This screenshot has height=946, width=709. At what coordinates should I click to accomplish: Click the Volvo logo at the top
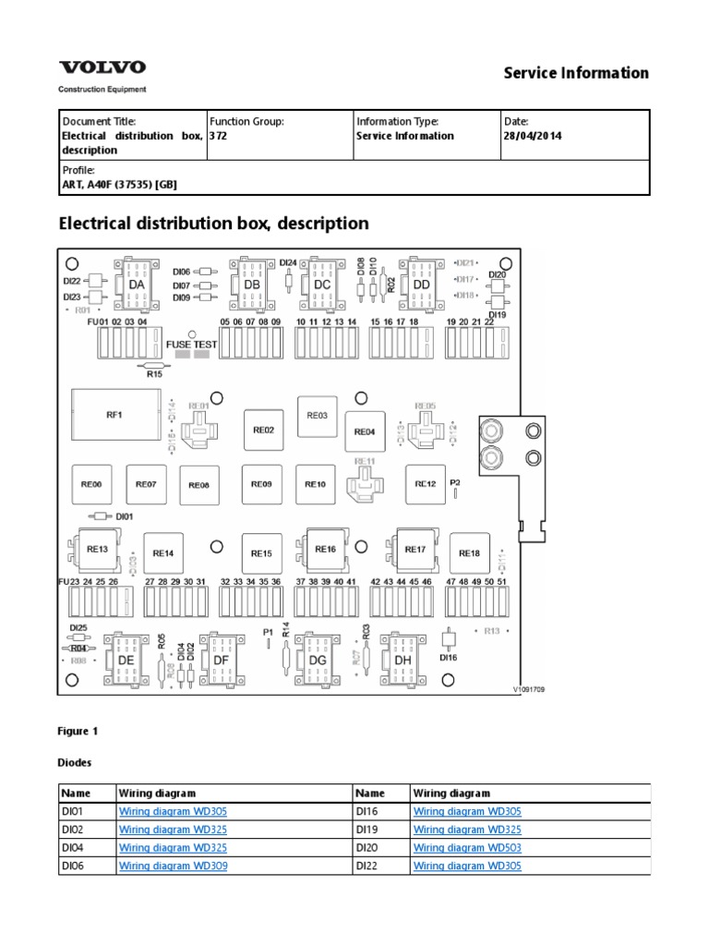point(102,68)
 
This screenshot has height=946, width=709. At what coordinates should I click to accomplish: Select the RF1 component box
point(114,416)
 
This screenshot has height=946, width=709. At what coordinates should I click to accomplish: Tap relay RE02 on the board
point(263,430)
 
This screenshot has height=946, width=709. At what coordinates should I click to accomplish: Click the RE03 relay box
point(317,416)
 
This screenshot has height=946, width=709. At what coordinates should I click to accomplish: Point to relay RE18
point(469,552)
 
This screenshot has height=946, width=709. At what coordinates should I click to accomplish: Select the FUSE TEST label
point(192,344)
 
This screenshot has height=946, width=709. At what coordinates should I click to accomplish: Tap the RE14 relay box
point(162,552)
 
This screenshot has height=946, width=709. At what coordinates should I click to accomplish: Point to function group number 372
point(219,136)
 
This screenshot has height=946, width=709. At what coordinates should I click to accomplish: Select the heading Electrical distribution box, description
point(213,223)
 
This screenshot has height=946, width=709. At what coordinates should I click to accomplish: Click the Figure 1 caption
point(78,731)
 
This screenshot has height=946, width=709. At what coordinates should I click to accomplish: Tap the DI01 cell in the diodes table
point(72,811)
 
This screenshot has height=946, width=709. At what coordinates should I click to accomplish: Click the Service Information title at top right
point(575,72)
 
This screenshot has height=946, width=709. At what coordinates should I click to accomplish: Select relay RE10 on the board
point(316,484)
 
